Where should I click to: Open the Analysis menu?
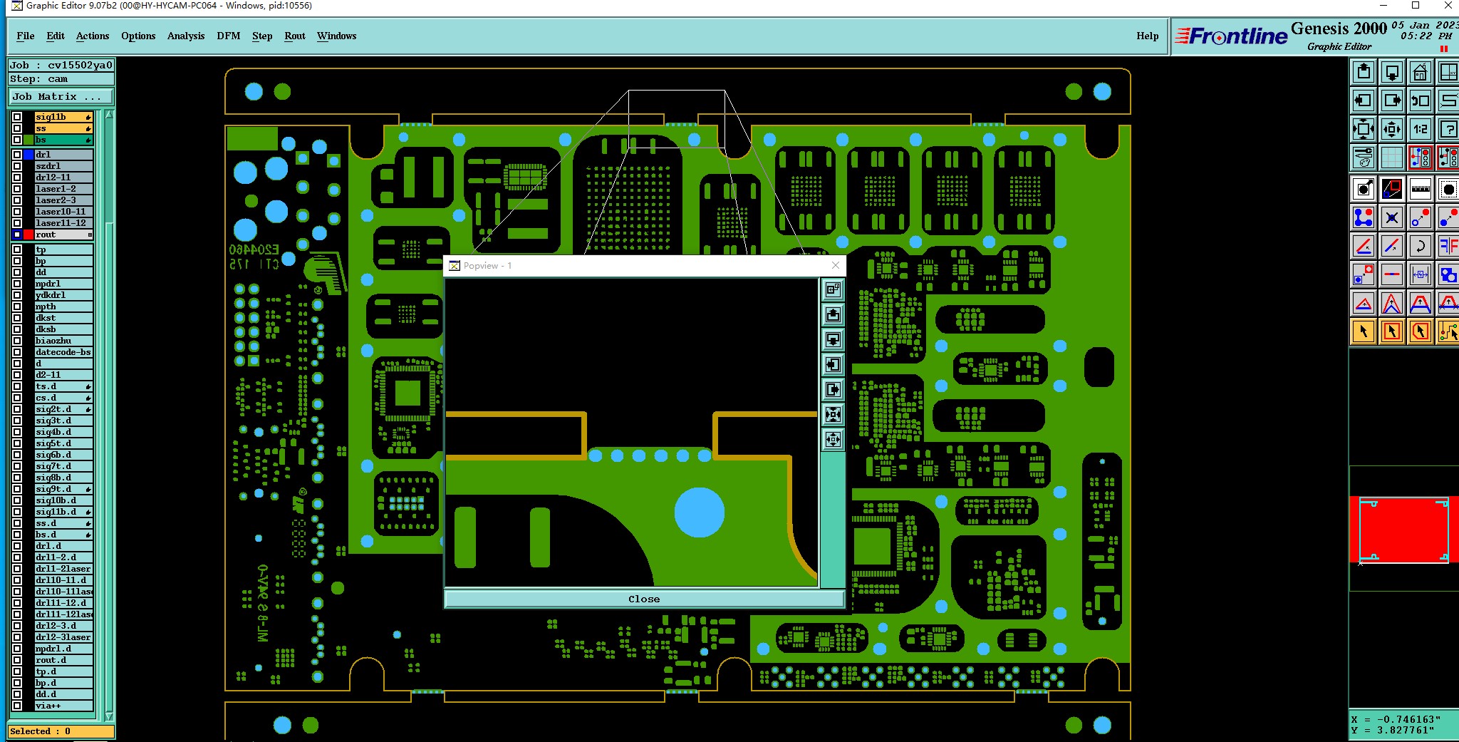(x=185, y=36)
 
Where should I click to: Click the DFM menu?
(x=228, y=36)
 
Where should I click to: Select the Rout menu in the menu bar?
(x=294, y=36)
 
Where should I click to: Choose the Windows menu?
(x=336, y=36)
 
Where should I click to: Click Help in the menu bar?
(x=1147, y=36)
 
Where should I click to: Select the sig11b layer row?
(x=63, y=117)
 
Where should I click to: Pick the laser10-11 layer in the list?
(x=63, y=212)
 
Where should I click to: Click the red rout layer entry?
(x=63, y=235)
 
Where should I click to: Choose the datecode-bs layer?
(x=63, y=352)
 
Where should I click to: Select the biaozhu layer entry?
(x=63, y=341)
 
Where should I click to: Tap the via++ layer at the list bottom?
(x=63, y=706)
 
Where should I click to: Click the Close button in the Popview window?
(x=644, y=599)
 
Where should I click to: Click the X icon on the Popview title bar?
(x=836, y=266)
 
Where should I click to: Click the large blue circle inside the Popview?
(x=699, y=512)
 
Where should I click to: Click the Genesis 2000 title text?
(x=1338, y=29)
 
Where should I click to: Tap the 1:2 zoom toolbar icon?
(x=1421, y=129)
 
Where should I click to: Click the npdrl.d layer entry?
(x=63, y=649)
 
